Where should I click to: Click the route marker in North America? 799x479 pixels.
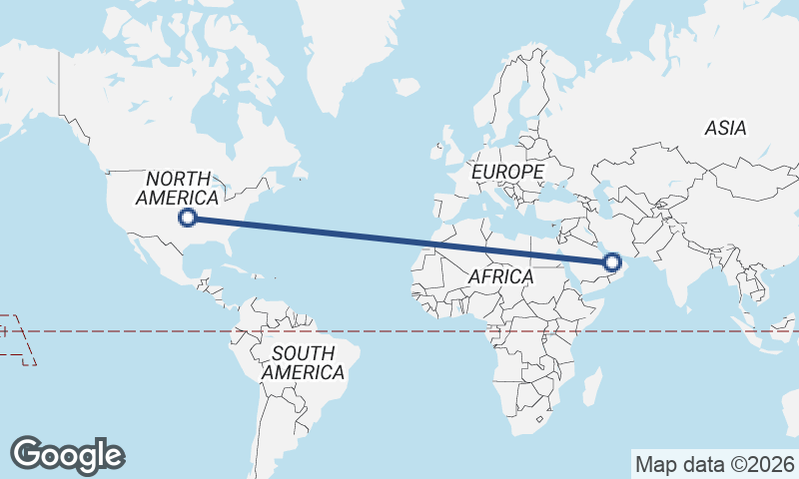tap(187, 218)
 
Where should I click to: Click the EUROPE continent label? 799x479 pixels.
tap(508, 173)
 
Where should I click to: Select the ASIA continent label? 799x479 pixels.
tap(725, 129)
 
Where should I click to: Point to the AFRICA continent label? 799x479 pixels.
tap(500, 276)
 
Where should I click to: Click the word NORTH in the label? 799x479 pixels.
tap(181, 179)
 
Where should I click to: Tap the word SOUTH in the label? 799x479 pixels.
tap(303, 352)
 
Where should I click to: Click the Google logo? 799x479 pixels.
tap(68, 454)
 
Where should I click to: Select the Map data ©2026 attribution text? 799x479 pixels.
tap(715, 464)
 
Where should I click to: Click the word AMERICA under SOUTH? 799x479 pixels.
tap(305, 372)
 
